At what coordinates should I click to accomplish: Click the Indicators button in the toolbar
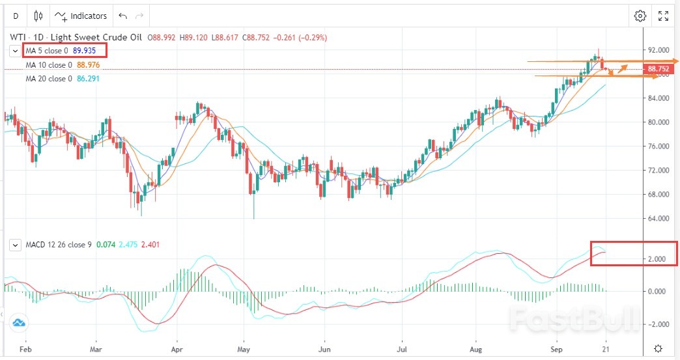pyautogui.click(x=81, y=16)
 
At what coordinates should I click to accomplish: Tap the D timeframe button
pyautogui.click(x=16, y=16)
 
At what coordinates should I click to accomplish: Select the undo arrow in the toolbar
pyautogui.click(x=122, y=16)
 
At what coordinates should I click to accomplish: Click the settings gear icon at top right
pyautogui.click(x=640, y=16)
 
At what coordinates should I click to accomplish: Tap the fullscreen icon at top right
pyautogui.click(x=663, y=16)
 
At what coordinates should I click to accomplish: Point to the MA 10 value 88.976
pyautogui.click(x=89, y=64)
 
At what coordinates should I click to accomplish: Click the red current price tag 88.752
pyautogui.click(x=659, y=69)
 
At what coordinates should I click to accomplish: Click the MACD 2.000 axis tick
pyautogui.click(x=657, y=259)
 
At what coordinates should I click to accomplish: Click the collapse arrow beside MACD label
pyautogui.click(x=16, y=245)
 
